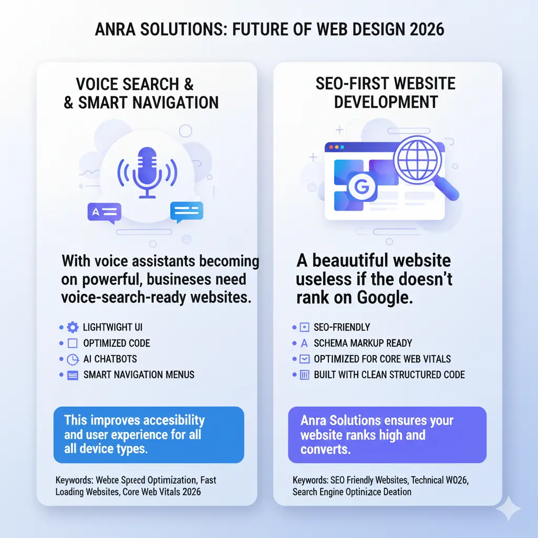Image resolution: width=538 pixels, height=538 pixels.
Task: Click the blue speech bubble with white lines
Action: [187, 212]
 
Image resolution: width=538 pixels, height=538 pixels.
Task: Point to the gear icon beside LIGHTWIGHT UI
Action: [72, 327]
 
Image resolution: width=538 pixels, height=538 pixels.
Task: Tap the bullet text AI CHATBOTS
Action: [110, 359]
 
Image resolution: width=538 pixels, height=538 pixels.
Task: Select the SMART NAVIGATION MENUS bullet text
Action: [139, 375]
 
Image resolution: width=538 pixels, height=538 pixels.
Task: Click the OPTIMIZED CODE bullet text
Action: [117, 344]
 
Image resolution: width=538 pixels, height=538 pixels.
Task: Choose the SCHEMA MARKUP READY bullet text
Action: [363, 344]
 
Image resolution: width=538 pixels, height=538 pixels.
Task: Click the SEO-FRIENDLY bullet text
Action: [342, 327]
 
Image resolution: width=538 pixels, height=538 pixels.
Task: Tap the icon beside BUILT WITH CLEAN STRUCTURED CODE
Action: [303, 375]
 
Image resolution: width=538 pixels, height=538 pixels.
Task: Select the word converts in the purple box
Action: [325, 450]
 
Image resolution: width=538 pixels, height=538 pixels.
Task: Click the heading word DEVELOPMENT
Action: [386, 101]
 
